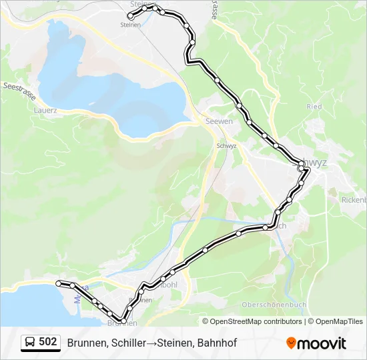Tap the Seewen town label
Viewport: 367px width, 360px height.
tap(219, 121)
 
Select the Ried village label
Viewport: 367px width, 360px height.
tap(314, 107)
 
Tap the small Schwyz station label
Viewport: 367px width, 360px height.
tap(226, 145)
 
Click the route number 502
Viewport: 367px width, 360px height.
tap(47, 342)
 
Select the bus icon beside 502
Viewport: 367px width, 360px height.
tap(31, 343)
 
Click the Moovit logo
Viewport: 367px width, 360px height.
tap(316, 343)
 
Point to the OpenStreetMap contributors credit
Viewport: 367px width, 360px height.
tap(252, 321)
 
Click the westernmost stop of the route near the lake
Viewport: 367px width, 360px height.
tap(59, 283)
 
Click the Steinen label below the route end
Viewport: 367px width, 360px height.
tap(131, 25)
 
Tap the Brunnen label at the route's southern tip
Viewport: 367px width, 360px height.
tap(122, 323)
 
